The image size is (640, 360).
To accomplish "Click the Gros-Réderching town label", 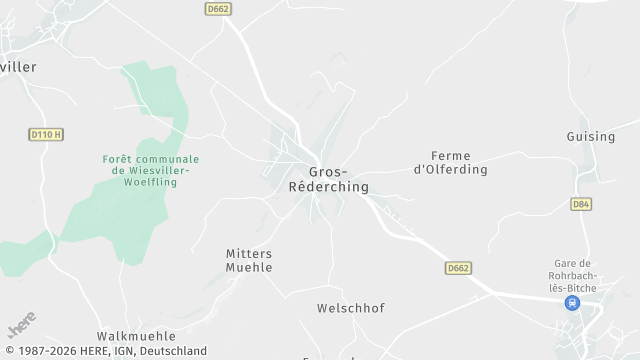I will [328, 179].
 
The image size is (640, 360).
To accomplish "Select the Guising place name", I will [589, 136].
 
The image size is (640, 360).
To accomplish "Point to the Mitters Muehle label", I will [249, 261].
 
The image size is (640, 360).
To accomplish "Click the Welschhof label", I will [350, 309].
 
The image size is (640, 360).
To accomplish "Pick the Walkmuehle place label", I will [136, 336].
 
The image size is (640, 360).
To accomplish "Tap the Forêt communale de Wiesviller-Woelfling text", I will [150, 171].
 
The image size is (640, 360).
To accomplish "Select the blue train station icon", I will [572, 303].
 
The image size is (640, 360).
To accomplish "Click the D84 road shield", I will [580, 204].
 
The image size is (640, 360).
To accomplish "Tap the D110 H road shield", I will [46, 134].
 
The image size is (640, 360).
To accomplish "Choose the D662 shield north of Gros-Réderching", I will [218, 10].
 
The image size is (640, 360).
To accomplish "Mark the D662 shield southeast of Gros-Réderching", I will [458, 268].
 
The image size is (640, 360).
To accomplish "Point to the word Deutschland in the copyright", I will [172, 351].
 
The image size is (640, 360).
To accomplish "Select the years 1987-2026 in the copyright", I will [45, 351].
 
